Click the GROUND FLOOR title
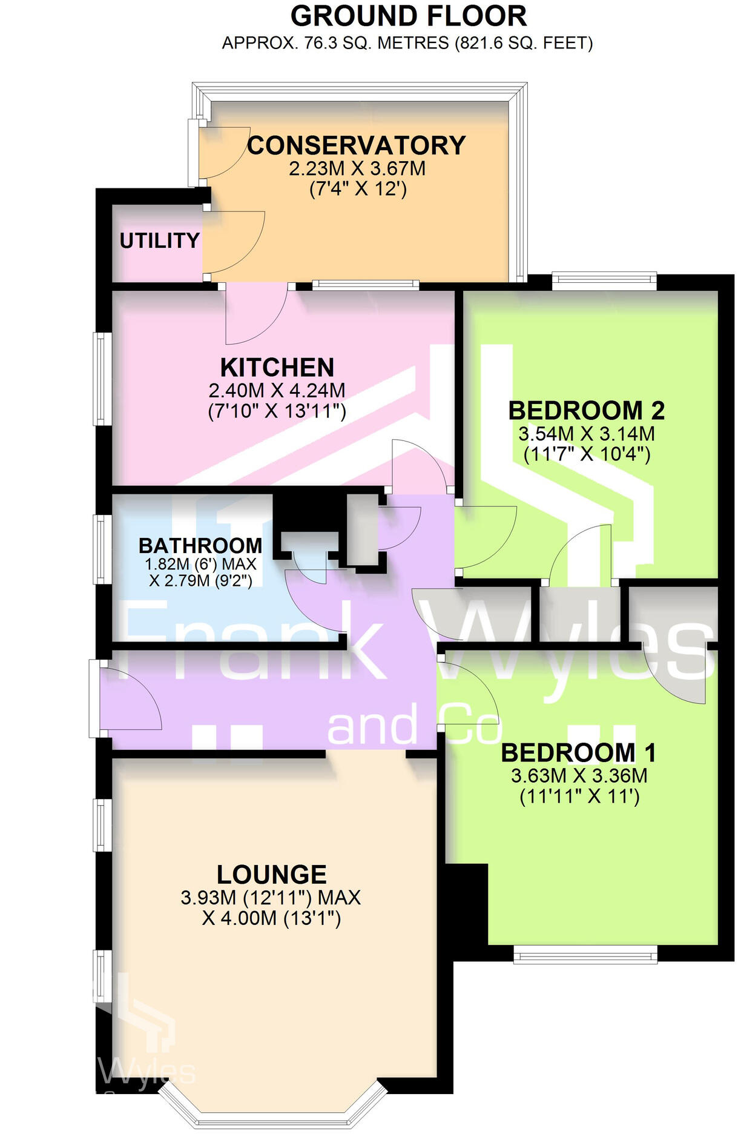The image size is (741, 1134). pyautogui.click(x=409, y=16)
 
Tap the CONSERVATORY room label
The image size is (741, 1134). pyautogui.click(x=357, y=145)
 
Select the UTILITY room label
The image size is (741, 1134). pyautogui.click(x=160, y=241)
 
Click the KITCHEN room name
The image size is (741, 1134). pyautogui.click(x=277, y=368)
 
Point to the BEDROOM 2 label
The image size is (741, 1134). pyautogui.click(x=586, y=411)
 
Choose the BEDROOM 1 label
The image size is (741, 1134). pyautogui.click(x=579, y=753)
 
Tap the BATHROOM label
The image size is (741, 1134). pyautogui.click(x=200, y=546)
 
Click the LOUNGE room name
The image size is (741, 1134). pyautogui.click(x=272, y=875)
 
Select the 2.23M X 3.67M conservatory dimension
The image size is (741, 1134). pyautogui.click(x=357, y=168)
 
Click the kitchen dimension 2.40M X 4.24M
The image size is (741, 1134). pyautogui.click(x=277, y=390)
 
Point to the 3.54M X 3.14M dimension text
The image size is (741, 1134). pyautogui.click(x=587, y=434)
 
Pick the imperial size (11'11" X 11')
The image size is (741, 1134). pyautogui.click(x=579, y=797)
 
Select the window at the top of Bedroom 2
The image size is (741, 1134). pyautogui.click(x=604, y=280)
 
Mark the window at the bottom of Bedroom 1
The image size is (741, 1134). pyautogui.click(x=585, y=957)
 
